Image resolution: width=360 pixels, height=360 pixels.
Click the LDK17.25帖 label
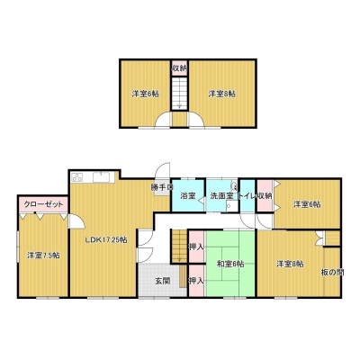105,240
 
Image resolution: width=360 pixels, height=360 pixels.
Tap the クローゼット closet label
43,204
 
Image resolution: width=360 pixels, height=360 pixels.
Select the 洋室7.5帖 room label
43,256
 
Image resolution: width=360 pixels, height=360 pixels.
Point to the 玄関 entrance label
163,281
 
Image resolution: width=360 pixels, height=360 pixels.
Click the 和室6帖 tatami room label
230,264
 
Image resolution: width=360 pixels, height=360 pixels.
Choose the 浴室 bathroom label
188,196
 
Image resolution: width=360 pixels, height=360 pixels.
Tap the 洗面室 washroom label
221,196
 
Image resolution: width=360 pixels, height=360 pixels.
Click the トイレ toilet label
247,196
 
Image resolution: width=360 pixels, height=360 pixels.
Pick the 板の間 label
332,273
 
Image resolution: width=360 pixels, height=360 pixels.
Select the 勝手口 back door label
162,188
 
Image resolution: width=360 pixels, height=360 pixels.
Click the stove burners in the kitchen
77,177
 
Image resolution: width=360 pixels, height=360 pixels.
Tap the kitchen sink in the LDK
102,177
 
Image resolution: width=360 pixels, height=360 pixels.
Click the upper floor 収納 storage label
179,68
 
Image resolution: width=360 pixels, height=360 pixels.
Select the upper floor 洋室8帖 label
222,94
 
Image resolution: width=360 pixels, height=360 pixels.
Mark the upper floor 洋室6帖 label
145,94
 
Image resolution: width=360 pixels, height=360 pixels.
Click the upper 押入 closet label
196,247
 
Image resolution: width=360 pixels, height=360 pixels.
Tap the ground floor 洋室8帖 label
290,264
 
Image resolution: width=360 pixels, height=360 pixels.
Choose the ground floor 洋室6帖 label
307,204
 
